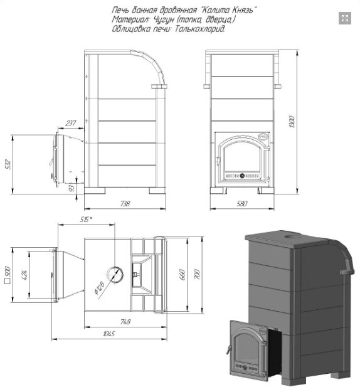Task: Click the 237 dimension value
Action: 71,124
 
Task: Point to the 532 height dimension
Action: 8,164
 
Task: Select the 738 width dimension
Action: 125,204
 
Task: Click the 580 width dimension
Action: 241,204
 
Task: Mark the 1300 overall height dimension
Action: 292,122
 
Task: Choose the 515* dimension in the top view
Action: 86,220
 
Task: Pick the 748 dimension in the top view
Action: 125,322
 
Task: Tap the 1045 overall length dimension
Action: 109,334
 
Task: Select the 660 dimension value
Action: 183,275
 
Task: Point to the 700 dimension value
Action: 197,275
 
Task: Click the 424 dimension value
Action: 25,274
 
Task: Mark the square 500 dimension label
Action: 8,275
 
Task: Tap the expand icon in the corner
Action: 345,18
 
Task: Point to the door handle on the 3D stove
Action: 228,349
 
